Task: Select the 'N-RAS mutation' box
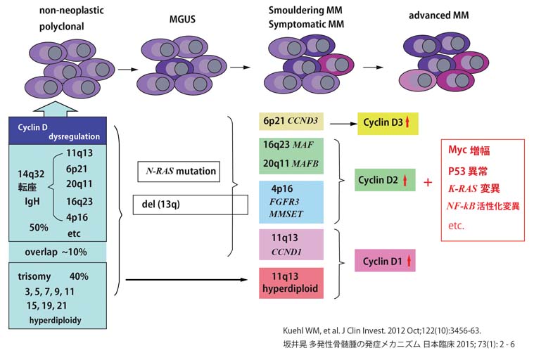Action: (177, 171)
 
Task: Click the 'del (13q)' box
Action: (190, 205)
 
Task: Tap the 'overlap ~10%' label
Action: (56, 251)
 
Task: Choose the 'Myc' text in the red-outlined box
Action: (459, 150)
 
